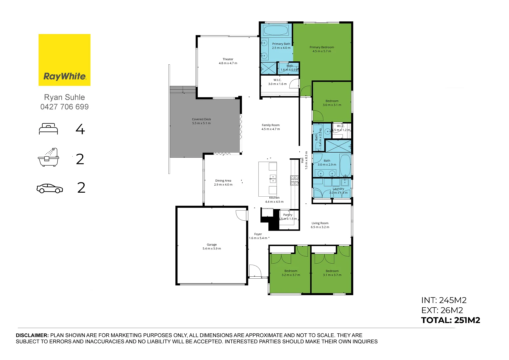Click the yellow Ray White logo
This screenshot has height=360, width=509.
[64, 60]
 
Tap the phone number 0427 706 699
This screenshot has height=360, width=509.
[64, 107]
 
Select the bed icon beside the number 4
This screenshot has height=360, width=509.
[48, 129]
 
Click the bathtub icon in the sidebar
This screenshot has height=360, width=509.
[48, 157]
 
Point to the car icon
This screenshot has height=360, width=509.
[50, 188]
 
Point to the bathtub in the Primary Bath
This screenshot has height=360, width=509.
[276, 30]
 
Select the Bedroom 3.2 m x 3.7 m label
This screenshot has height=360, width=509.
[291, 273]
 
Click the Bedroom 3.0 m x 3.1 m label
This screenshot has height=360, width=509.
[332, 103]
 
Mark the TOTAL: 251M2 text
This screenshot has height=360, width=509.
[450, 320]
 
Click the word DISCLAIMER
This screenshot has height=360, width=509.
[32, 335]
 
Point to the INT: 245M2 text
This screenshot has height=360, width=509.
[444, 300]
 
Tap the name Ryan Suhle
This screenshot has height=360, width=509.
[64, 97]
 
